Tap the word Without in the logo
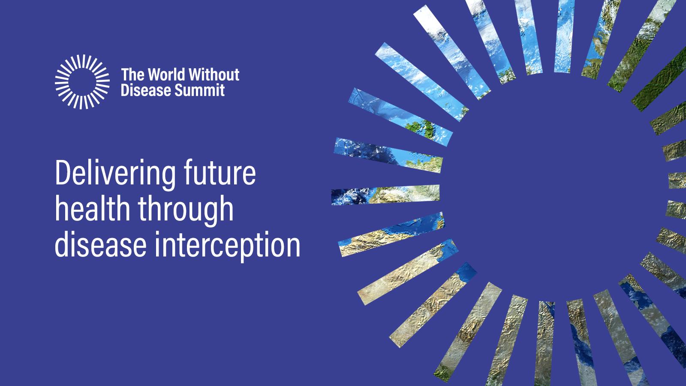214,75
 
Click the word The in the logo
133,75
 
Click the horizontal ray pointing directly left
385,195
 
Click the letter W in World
155,75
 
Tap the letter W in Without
196,75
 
